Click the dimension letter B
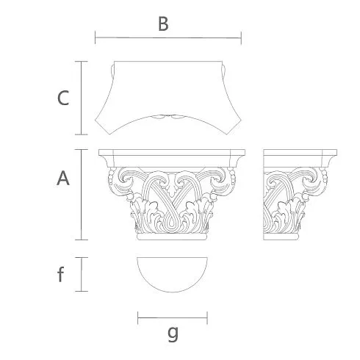pyautogui.click(x=163, y=24)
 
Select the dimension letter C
pyautogui.click(x=63, y=98)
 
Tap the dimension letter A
pyautogui.click(x=63, y=179)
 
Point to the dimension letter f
pyautogui.click(x=60, y=274)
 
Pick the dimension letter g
pyautogui.click(x=173, y=334)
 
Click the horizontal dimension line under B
pyautogui.click(x=168, y=37)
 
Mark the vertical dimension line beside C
pyautogui.click(x=82, y=98)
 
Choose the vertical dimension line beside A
pyautogui.click(x=82, y=195)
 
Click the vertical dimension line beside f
pyautogui.click(x=82, y=274)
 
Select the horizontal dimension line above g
pyautogui.click(x=173, y=318)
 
